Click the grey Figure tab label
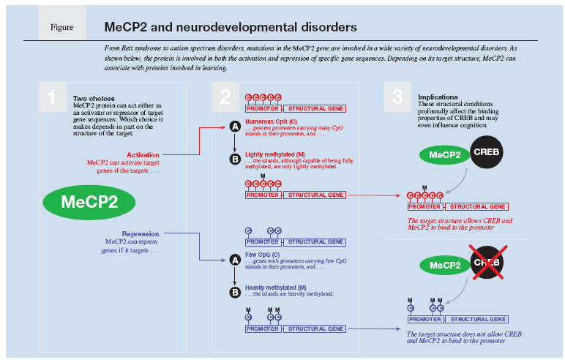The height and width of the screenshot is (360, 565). coord(62,27)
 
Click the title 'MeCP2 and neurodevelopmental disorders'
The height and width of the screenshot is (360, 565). coord(231,27)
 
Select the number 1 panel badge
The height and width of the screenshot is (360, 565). coord(51,97)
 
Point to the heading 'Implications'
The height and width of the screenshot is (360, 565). coord(436,97)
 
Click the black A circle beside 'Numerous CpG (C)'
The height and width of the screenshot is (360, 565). coord(235,127)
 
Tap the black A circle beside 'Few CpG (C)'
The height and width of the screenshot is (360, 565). coord(235,259)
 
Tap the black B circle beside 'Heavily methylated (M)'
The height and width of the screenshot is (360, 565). coord(235,292)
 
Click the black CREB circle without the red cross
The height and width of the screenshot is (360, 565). coord(485,154)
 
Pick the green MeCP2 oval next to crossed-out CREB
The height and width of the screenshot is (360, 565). coord(445,264)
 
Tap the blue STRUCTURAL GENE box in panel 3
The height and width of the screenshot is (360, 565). coord(477,320)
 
